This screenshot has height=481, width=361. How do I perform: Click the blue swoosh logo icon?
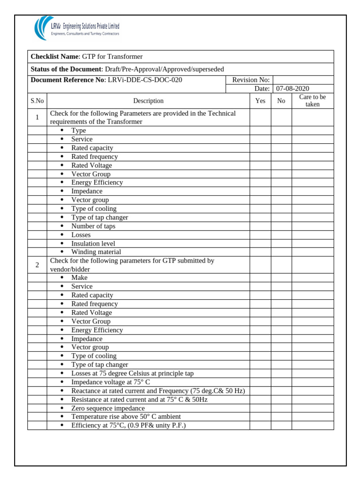(x=41, y=28)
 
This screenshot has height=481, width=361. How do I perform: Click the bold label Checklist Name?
(x=55, y=57)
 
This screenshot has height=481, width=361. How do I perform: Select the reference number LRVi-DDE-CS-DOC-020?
(x=145, y=80)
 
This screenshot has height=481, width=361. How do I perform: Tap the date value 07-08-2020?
(x=292, y=89)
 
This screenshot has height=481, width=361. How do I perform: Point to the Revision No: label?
(x=251, y=80)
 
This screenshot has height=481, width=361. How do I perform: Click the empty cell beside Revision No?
(x=303, y=80)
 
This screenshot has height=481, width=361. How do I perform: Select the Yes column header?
(x=260, y=101)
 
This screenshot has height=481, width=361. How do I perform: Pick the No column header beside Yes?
(x=281, y=101)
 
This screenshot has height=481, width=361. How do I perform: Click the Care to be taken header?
(x=312, y=101)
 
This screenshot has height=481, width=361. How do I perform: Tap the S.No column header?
(x=37, y=101)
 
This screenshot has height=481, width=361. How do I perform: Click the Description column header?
(x=148, y=101)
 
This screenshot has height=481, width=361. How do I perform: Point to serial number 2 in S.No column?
(x=37, y=265)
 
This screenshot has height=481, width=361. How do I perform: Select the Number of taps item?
(x=93, y=226)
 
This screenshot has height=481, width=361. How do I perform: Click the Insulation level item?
(x=93, y=243)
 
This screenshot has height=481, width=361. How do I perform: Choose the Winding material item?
(x=96, y=252)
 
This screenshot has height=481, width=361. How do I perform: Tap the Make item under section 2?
(x=79, y=278)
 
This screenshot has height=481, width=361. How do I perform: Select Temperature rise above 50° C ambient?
(x=126, y=417)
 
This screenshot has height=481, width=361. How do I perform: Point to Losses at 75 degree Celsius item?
(x=132, y=373)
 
